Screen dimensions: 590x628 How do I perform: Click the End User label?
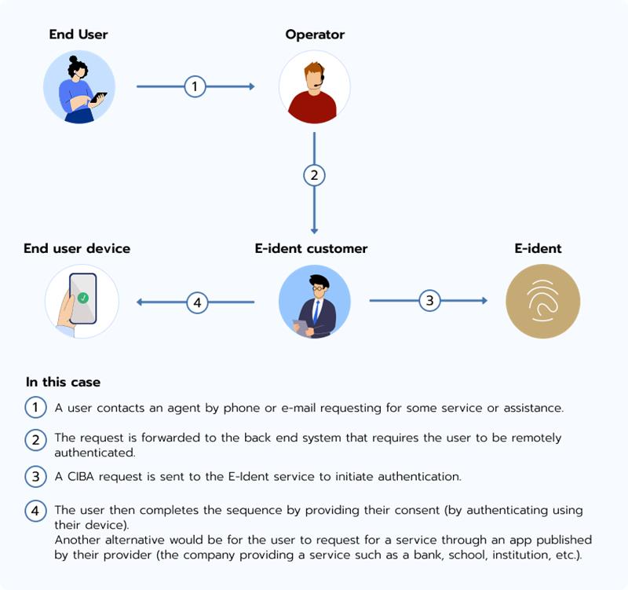(78, 35)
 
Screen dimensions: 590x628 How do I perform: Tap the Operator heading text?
(315, 35)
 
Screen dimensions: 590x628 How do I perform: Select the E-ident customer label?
(311, 248)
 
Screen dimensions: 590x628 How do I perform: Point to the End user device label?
(77, 248)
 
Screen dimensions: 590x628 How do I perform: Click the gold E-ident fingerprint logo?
(542, 301)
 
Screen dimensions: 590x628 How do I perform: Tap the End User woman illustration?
(79, 87)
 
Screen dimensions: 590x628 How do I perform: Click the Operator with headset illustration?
(314, 87)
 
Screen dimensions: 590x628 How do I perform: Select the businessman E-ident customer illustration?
(314, 301)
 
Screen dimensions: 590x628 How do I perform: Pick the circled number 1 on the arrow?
(195, 86)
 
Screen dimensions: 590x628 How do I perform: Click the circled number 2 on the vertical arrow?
(314, 175)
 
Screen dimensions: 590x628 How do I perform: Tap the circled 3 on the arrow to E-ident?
(428, 300)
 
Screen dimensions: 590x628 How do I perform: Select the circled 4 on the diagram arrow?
(196, 301)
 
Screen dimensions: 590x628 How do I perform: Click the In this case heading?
(63, 383)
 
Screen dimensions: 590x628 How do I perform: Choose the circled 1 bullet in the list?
(35, 408)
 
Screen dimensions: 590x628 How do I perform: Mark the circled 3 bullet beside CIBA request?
(35, 476)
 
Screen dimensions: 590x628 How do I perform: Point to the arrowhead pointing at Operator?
(251, 86)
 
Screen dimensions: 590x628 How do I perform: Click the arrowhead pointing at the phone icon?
(140, 301)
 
